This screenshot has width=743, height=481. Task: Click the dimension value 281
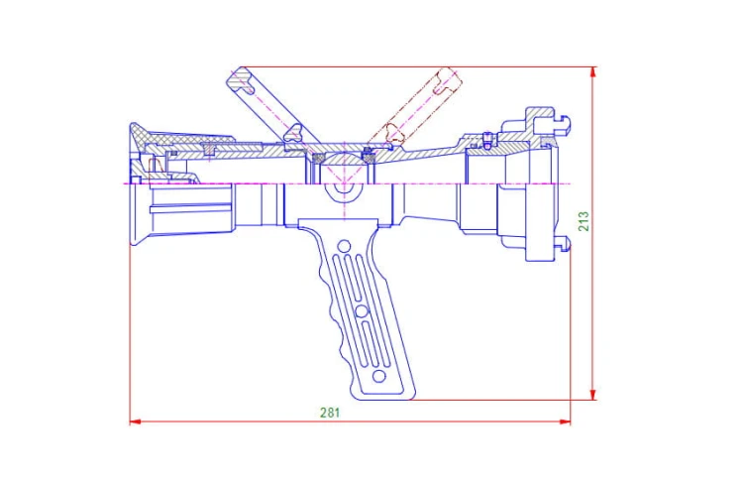[330, 413]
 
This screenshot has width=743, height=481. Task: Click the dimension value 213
[584, 221]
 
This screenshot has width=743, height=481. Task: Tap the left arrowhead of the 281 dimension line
[136, 421]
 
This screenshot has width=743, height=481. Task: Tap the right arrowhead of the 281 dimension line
[565, 421]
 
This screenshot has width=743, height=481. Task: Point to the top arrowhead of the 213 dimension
[592, 73]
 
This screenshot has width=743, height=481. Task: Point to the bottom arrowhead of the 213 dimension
[592, 394]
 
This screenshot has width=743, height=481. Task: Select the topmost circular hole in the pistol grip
[344, 246]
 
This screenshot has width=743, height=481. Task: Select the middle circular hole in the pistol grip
[362, 311]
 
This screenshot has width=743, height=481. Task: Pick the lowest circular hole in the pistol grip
[379, 377]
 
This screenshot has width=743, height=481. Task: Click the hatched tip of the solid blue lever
[243, 79]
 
